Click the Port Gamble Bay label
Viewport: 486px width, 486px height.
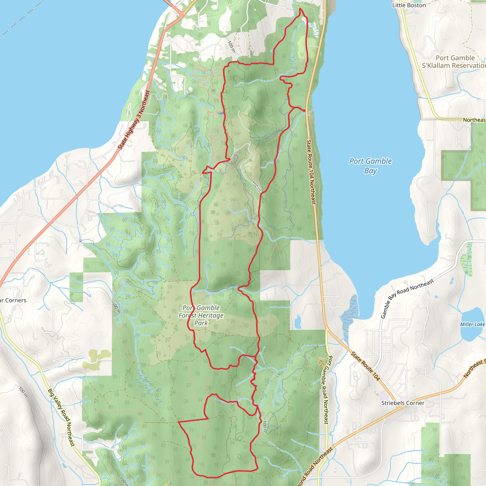coord(370,166)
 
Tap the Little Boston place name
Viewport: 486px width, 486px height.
coord(409,5)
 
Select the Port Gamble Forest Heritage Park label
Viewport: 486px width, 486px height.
coord(201,315)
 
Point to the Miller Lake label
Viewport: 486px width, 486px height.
coord(472,324)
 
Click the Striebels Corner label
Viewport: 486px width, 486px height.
coord(402,403)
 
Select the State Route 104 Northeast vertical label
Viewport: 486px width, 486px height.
coord(311,172)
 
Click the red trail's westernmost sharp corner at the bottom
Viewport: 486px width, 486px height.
coord(178,422)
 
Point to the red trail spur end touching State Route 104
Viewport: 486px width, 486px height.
coord(305,111)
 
